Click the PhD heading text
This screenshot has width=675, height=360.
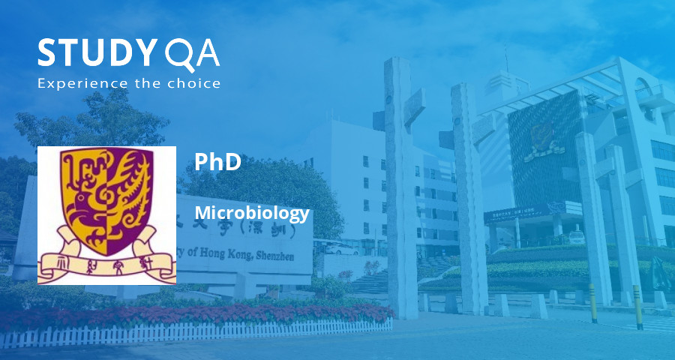[217, 162]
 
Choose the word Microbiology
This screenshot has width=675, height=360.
[251, 213]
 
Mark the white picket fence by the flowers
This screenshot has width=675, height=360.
[225, 330]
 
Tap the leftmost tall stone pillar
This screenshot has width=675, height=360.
[400, 187]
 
